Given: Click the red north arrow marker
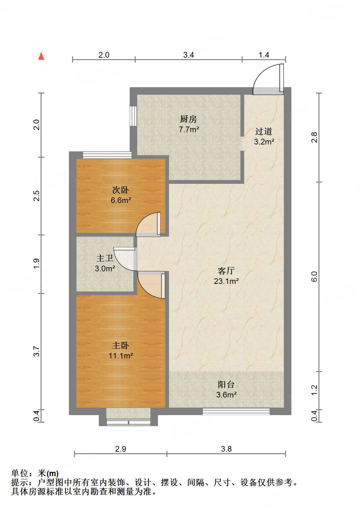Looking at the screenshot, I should [41, 56].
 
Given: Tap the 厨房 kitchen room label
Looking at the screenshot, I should [188, 119].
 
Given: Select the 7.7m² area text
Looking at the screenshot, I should [189, 129].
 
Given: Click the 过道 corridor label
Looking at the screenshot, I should [264, 131].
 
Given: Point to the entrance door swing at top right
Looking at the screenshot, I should [267, 79].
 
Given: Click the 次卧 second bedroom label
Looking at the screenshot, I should [121, 190].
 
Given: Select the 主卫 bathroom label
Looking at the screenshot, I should [105, 258].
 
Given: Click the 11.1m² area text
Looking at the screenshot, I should [121, 356].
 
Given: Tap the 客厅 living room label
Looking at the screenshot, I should [226, 271].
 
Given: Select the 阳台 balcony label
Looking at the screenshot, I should [226, 384].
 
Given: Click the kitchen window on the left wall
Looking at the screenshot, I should [133, 116].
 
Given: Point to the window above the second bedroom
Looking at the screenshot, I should [107, 155].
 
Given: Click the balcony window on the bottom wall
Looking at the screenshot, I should [236, 411].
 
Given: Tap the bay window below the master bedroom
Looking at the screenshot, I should [128, 422].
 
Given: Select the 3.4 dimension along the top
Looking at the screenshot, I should [188, 55].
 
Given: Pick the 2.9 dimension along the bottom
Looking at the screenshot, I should [121, 449].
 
